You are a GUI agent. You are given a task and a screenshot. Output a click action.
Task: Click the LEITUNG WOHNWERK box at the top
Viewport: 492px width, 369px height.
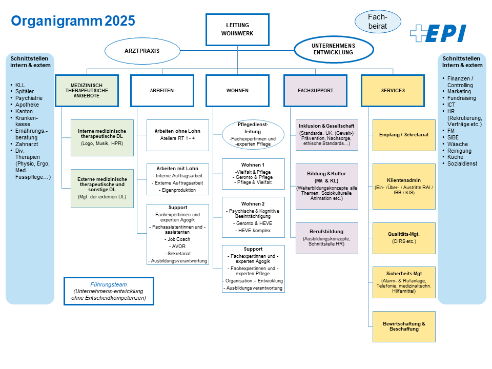click(237, 30)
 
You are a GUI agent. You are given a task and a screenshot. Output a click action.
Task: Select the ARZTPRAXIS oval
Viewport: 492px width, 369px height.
click(142, 51)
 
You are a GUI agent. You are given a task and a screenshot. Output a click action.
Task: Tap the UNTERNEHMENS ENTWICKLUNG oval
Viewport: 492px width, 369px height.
click(333, 49)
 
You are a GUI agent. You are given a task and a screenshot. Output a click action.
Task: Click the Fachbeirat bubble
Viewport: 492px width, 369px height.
click(378, 21)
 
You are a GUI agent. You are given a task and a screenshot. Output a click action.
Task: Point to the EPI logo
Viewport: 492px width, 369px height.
click(438, 33)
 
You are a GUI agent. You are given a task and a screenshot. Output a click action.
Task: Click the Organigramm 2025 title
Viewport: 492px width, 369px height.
click(73, 20)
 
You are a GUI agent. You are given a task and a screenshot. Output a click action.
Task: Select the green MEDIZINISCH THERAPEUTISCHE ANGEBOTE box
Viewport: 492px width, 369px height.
click(87, 91)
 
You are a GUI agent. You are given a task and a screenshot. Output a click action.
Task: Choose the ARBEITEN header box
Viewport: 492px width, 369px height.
click(162, 91)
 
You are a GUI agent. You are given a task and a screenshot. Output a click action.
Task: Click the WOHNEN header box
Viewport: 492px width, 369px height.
click(237, 91)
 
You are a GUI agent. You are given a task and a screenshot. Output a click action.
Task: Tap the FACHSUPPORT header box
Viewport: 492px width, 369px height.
click(315, 91)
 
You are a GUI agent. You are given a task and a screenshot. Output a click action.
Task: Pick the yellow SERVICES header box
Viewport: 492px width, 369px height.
click(393, 91)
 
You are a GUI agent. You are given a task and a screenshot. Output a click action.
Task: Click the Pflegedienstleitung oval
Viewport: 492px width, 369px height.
click(253, 135)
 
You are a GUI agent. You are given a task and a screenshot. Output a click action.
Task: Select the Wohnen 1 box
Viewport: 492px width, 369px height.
click(253, 174)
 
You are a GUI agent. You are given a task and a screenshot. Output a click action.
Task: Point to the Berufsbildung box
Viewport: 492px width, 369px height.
click(326, 238)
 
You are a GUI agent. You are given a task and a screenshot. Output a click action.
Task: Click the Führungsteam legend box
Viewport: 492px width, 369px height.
click(109, 291)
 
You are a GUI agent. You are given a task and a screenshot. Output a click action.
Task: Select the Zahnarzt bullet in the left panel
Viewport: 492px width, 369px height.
click(24, 145)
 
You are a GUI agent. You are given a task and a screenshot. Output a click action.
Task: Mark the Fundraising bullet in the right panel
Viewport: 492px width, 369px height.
click(461, 98)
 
